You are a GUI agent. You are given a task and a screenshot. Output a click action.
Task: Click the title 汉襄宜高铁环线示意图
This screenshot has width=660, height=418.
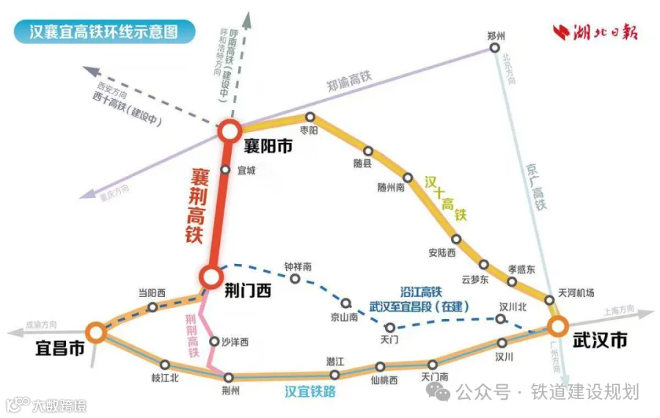pyautogui.click(x=103, y=32)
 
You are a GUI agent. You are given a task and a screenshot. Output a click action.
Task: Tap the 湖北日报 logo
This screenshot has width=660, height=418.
pyautogui.click(x=596, y=33)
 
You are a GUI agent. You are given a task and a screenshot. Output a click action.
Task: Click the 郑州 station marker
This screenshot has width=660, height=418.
pyautogui.click(x=495, y=48)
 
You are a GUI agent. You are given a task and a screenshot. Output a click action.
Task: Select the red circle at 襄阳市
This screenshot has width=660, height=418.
pyautogui.click(x=229, y=131)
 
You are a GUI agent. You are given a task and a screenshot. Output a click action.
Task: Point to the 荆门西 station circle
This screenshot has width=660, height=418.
pyautogui.click(x=210, y=276)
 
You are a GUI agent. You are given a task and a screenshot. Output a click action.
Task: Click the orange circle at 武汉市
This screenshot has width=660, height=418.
pyautogui.click(x=558, y=325)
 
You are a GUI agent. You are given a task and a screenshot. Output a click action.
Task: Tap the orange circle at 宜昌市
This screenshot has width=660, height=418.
pyautogui.click(x=95, y=332)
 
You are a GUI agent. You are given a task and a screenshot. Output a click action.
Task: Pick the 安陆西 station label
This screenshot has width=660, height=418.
pyautogui.click(x=442, y=253)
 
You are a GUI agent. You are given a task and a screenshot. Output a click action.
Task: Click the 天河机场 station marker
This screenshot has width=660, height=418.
pyautogui.click(x=549, y=299)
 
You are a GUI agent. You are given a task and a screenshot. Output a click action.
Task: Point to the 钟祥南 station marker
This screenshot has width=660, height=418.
pyautogui.click(x=295, y=279)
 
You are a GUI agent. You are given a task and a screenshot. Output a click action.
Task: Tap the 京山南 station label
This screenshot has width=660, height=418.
pyautogui.click(x=345, y=317)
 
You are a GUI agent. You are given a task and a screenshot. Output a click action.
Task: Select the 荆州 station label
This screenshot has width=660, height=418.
pyautogui.click(x=230, y=391)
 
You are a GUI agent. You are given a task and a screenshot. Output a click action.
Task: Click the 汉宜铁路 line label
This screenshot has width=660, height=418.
pyautogui.click(x=310, y=392)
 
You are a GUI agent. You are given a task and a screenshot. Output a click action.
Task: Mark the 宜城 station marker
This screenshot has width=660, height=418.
pyautogui.click(x=226, y=169)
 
